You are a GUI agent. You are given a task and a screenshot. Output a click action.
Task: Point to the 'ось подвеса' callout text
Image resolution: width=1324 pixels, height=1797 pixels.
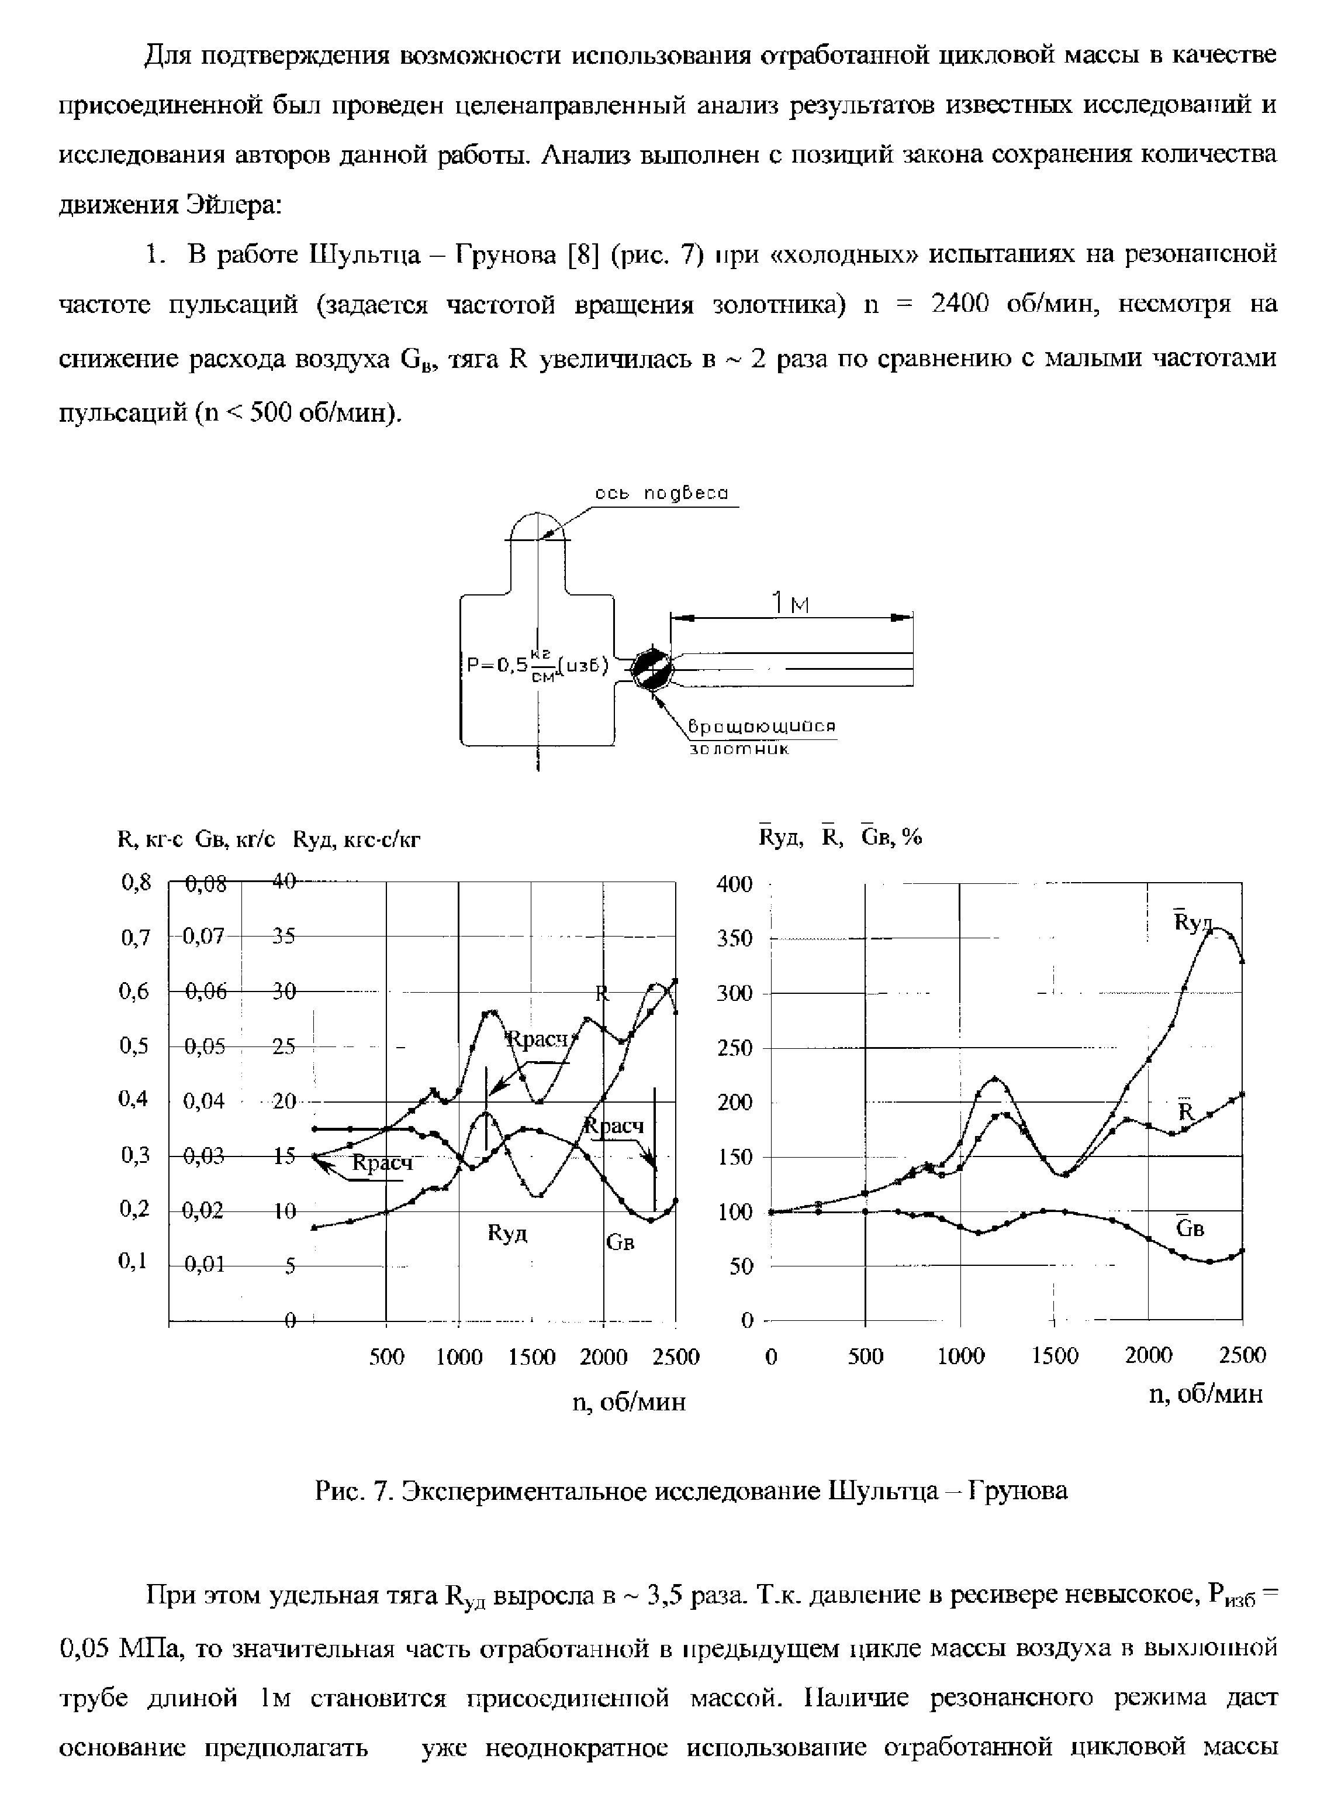coord(661,494)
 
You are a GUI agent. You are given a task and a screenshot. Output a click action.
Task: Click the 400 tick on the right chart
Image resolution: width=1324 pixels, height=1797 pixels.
coord(734,884)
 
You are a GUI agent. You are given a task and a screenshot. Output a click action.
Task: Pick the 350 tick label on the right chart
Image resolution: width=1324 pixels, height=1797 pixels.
coord(734,938)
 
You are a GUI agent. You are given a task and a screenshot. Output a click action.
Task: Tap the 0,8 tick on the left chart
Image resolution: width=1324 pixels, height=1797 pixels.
coord(136,883)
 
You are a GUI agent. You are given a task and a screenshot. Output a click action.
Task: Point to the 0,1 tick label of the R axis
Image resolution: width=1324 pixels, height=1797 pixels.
coord(133,1261)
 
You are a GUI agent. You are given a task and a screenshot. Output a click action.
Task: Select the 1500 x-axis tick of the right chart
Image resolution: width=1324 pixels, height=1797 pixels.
coord(1055,1356)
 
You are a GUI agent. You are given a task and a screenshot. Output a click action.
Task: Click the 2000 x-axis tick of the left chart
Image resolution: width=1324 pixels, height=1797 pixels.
coord(603,1357)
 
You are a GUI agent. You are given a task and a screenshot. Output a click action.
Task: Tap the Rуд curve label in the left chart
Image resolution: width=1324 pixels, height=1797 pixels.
coord(507,1233)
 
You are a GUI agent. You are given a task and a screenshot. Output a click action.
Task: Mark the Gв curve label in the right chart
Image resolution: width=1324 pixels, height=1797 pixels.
coord(1190,1228)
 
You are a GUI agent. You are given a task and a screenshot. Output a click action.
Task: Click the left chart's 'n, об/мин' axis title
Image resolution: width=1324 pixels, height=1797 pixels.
coord(629,1402)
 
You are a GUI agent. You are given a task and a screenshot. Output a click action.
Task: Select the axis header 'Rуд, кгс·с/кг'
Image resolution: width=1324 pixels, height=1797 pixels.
coord(357,839)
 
